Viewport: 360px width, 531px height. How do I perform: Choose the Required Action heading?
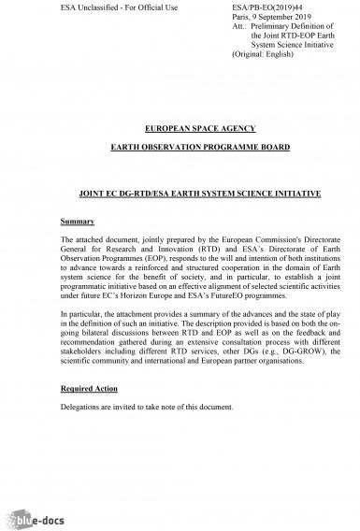tap(89, 386)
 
